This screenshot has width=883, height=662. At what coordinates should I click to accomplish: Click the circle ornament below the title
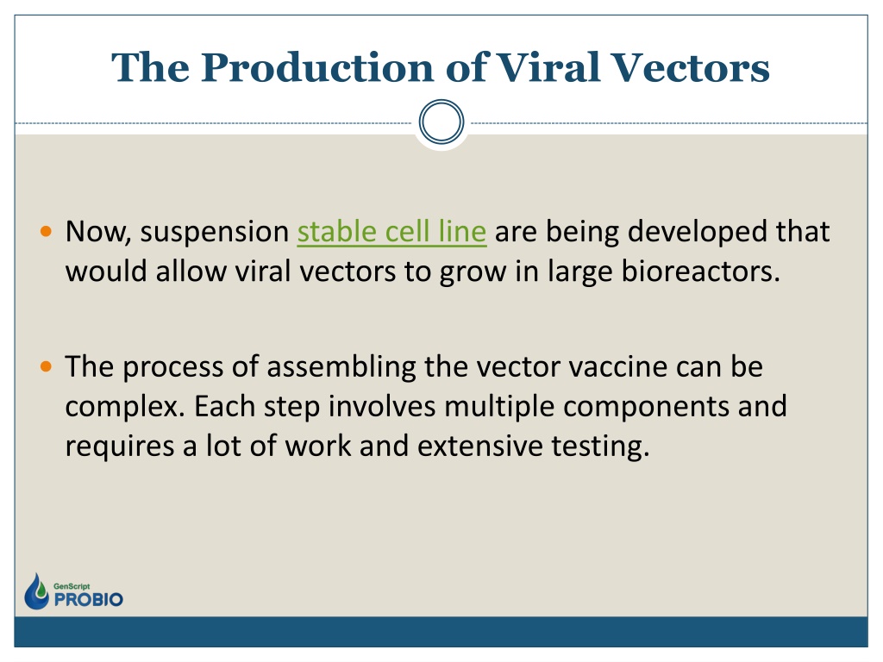441,122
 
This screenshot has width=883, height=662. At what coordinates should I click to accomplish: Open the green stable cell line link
391,231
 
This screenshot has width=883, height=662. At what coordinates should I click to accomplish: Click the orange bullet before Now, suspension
47,231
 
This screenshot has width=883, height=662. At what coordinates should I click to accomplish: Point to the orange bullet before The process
47,367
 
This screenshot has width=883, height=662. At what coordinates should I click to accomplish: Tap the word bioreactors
700,272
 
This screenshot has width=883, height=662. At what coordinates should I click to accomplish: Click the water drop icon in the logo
36,591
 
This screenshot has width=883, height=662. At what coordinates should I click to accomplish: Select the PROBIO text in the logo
89,600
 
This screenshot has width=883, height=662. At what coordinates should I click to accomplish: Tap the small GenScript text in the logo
72,586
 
